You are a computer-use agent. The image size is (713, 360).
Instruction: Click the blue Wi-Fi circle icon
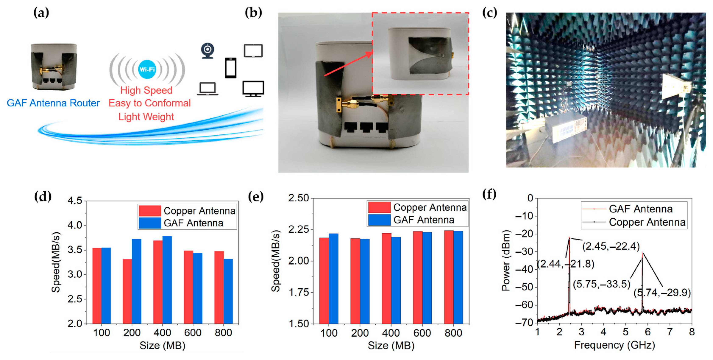147,69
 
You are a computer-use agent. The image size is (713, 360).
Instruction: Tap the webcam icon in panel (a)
208,51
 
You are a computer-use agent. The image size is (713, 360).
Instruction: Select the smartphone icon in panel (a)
231,68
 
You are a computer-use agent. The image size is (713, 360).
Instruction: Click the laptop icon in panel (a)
208,89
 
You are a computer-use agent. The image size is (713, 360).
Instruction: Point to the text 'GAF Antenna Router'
53,103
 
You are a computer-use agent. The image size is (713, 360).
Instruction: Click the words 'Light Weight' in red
146,117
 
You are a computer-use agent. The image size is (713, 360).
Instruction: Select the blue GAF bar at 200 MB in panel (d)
136,281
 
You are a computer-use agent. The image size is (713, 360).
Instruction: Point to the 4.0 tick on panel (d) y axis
75,225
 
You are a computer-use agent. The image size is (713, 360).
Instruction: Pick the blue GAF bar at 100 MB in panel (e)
334,278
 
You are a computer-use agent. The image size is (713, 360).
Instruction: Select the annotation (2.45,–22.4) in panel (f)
611,246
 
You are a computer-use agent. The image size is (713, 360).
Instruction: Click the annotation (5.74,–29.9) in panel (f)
662,293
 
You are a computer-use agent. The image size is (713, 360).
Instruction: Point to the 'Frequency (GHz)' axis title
614,345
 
